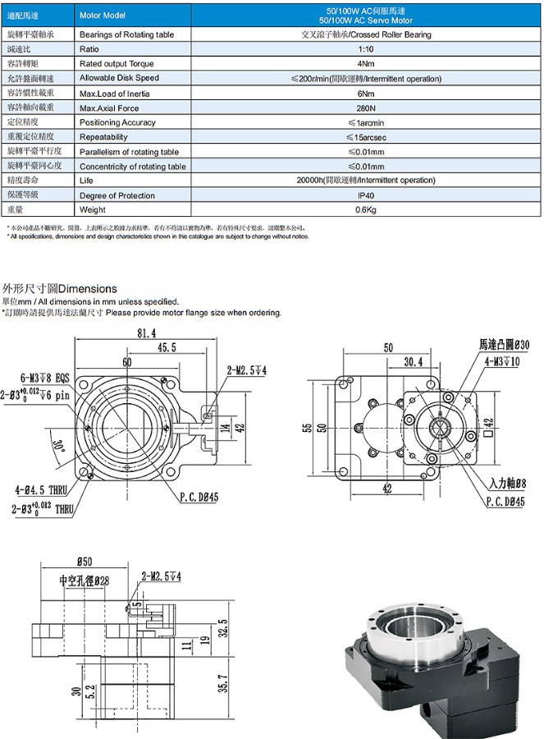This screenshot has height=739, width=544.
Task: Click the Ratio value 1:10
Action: pyautogui.click(x=366, y=49)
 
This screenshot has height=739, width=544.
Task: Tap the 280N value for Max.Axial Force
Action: pyautogui.click(x=366, y=108)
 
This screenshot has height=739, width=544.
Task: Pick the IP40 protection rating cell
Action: pyautogui.click(x=366, y=195)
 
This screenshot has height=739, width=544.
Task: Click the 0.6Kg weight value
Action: pyautogui.click(x=366, y=210)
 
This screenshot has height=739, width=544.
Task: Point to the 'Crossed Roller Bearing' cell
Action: pyautogui.click(x=366, y=34)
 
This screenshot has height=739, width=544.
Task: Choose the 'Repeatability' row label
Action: pyautogui.click(x=103, y=137)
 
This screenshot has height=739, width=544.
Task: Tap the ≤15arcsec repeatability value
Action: pyautogui.click(x=366, y=137)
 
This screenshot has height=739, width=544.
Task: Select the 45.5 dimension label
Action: pyautogui.click(x=167, y=348)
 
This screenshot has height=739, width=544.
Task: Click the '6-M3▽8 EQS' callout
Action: pyautogui.click(x=37, y=379)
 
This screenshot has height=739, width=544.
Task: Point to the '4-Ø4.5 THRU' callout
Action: pyautogui.click(x=40, y=490)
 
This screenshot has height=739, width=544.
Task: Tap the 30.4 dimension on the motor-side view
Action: pyautogui.click(x=414, y=361)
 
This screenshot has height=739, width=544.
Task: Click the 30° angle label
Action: pyautogui.click(x=58, y=447)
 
